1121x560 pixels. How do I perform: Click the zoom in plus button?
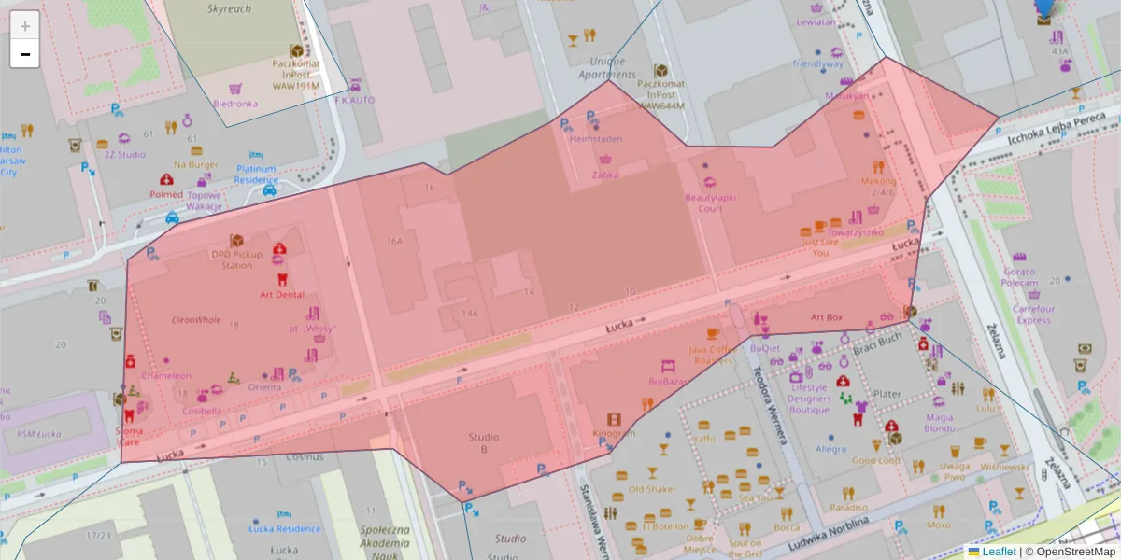click(25, 25)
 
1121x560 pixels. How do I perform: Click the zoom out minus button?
click(25, 54)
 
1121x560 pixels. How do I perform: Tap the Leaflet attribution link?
click(999, 552)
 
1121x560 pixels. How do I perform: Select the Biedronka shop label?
click(235, 104)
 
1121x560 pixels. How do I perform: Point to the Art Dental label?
click(281, 295)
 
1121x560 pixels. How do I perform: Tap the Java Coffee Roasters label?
click(712, 355)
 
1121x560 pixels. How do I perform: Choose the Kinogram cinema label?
click(614, 433)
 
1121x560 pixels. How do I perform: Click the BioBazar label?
click(668, 381)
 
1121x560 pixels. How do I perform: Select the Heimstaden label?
click(596, 139)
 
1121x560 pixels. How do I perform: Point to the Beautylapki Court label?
click(710, 203)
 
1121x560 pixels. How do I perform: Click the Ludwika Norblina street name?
click(828, 531)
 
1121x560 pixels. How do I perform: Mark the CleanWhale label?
click(196, 319)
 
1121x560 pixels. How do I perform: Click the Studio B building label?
click(484, 442)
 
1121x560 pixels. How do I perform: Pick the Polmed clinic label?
click(167, 194)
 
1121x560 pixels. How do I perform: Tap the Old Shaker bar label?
click(652, 488)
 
